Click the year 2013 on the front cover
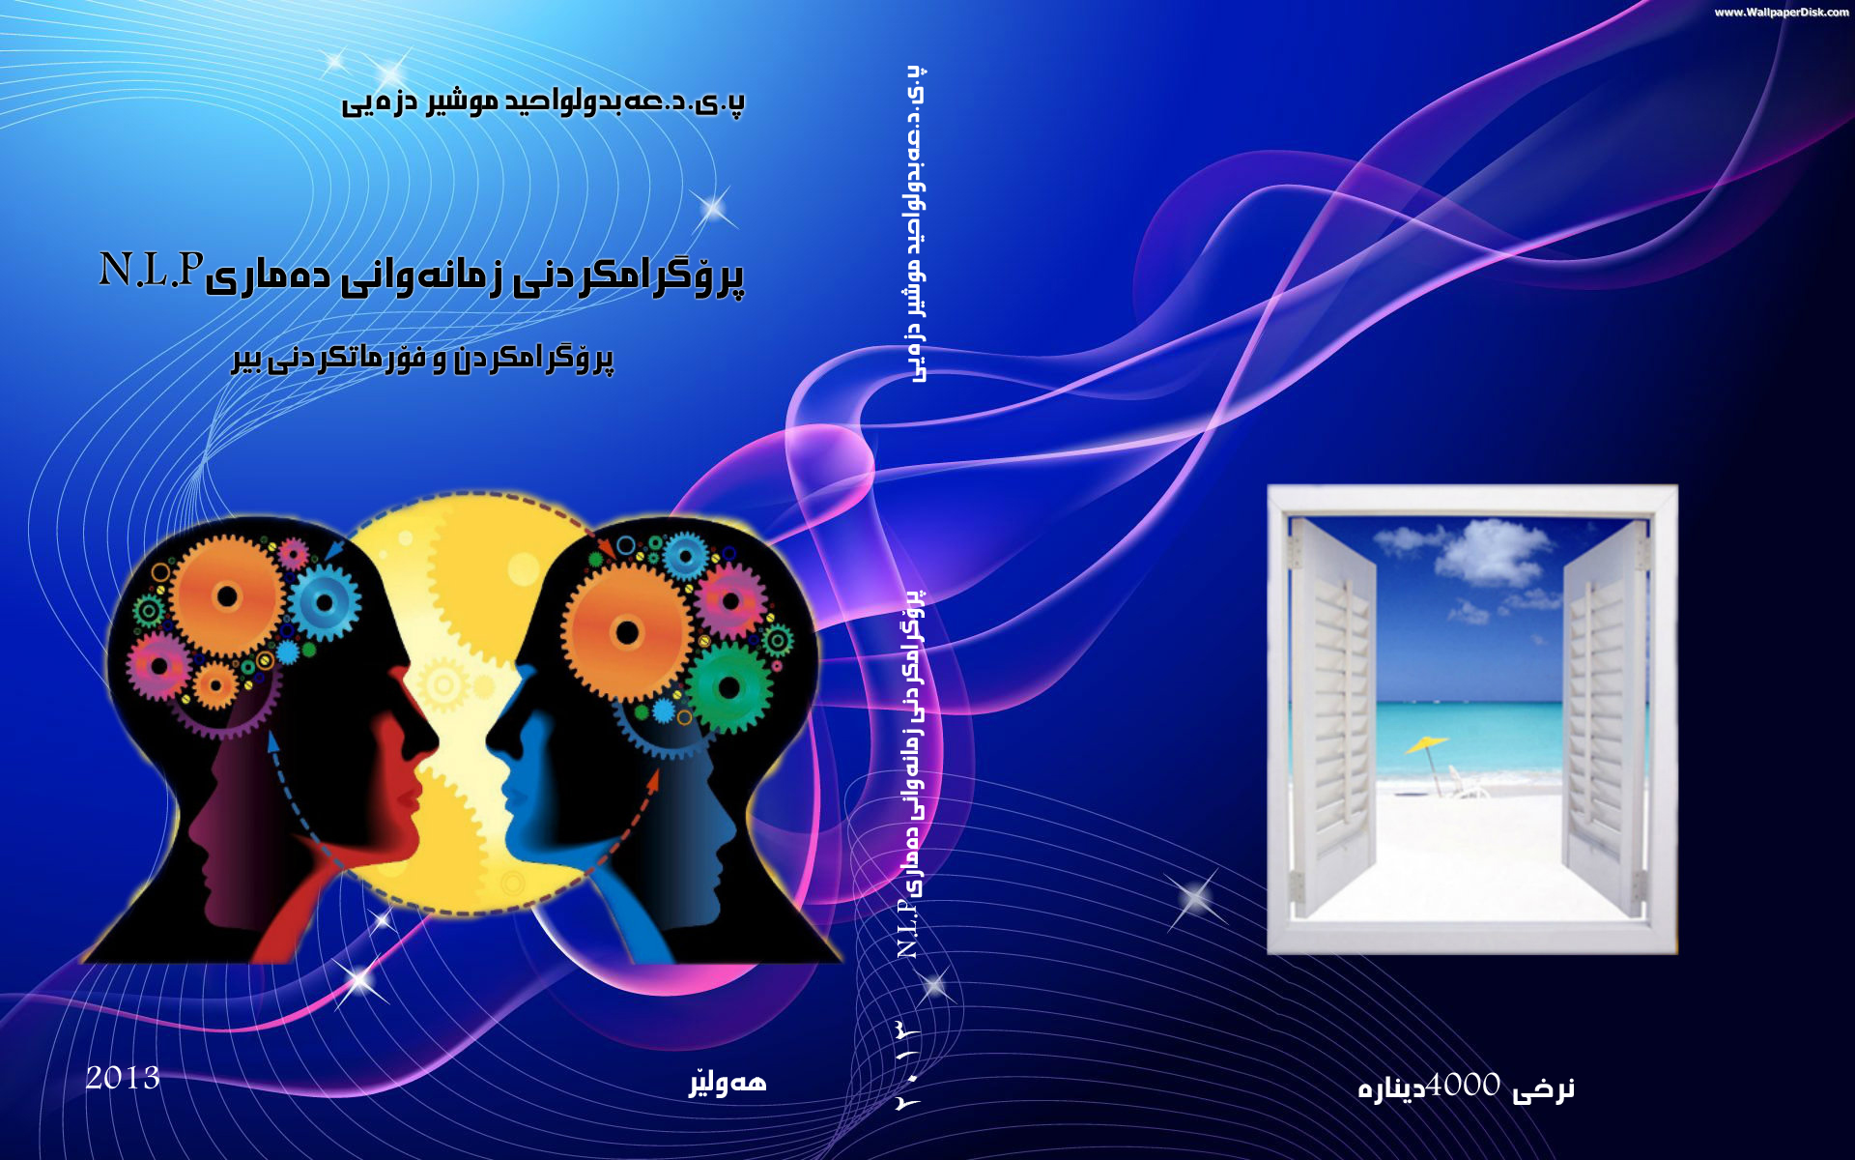click(123, 1078)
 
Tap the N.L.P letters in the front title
click(152, 271)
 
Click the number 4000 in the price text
click(1464, 1086)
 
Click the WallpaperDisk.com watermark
click(1782, 13)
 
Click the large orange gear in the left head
click(227, 596)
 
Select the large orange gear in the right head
click(627, 632)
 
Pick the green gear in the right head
click(729, 688)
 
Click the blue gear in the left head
click(325, 602)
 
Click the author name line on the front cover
click(543, 101)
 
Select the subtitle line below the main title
click(422, 359)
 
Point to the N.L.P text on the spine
click(907, 928)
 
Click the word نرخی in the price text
click(1543, 1089)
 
